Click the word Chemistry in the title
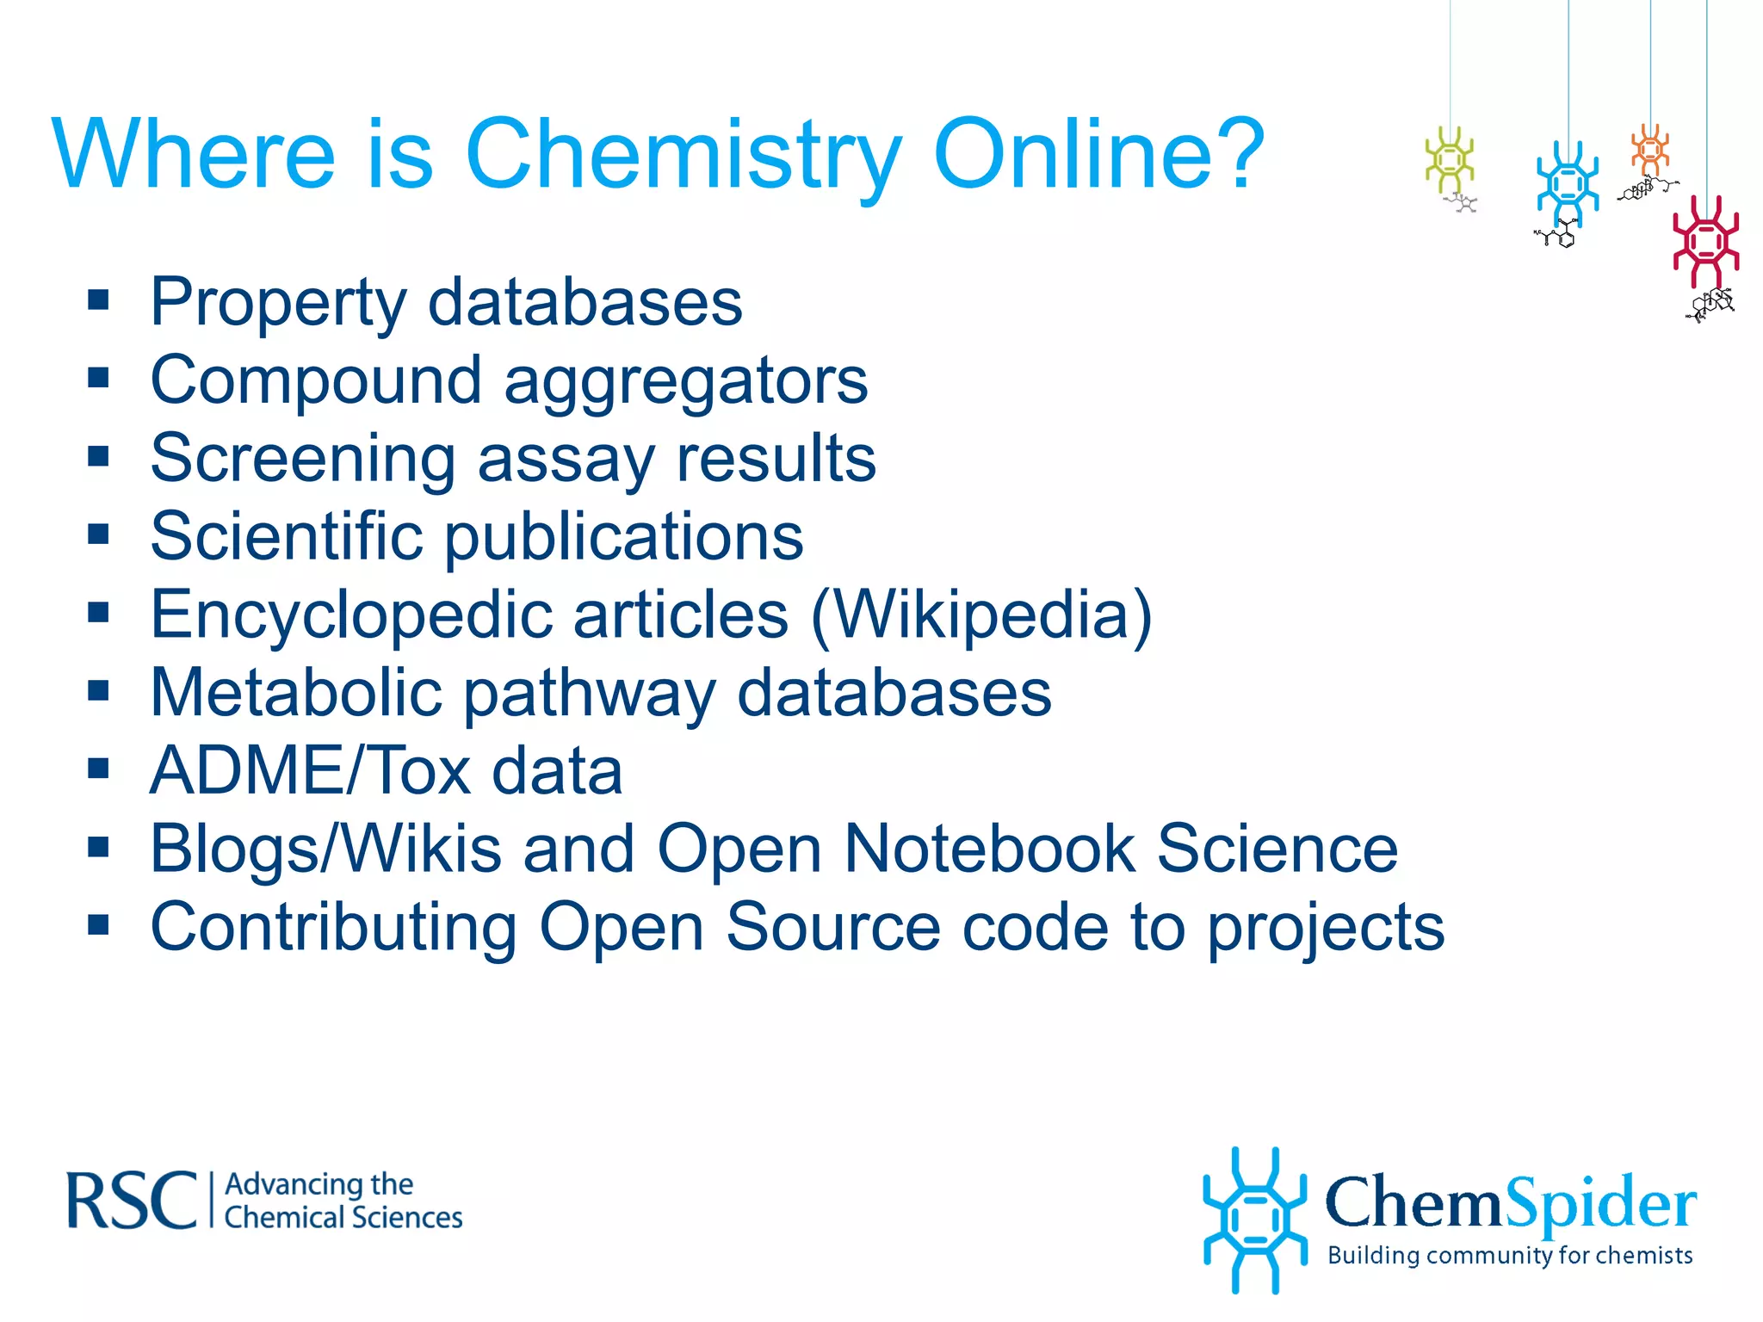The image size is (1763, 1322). coord(684,155)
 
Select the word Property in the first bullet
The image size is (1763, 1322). coord(278,303)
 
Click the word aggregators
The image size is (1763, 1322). coord(685,381)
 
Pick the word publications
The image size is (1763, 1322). coord(624,537)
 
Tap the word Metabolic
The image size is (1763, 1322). coord(296,693)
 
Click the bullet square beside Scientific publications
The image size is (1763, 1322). coord(98,534)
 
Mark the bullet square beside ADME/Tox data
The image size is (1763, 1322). coord(98,769)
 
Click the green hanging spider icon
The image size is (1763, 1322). coord(1450,159)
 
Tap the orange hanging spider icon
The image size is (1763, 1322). coord(1649,149)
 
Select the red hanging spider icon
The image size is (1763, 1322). coord(1705,242)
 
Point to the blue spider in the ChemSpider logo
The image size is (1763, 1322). coord(1254,1220)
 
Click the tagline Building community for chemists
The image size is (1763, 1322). coord(1510,1256)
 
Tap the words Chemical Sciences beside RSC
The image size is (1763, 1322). coord(343,1218)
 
